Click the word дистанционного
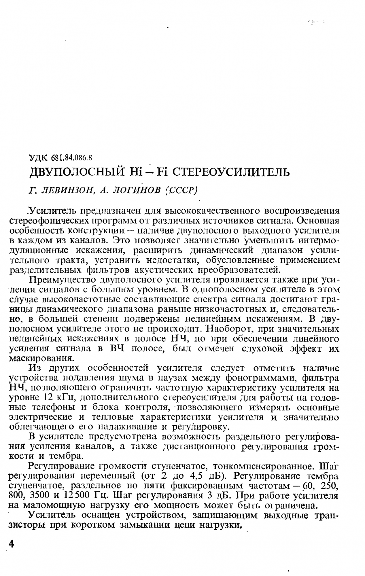[x=200, y=447]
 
